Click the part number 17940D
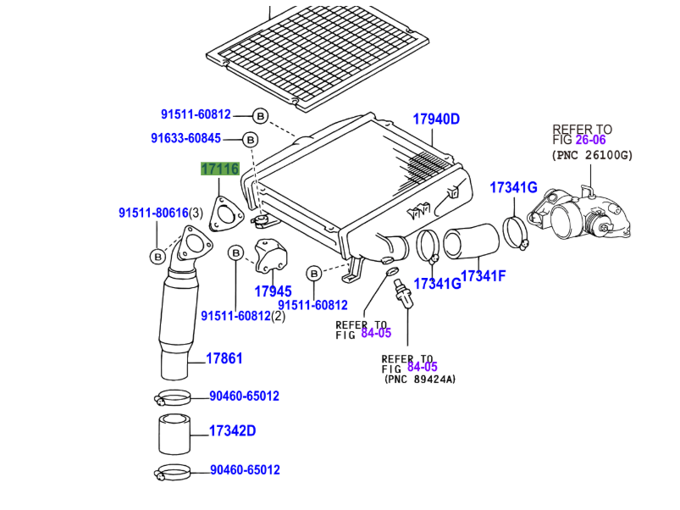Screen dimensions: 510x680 point(436,119)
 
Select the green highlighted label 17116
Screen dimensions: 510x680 point(219,169)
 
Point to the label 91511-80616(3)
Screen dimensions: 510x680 point(160,213)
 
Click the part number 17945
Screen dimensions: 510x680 point(273,291)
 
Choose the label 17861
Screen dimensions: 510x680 point(224,358)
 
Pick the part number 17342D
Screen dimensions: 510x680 point(232,431)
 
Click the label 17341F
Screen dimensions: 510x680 point(483,276)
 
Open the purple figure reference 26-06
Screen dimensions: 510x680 point(591,140)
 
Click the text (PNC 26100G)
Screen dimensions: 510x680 point(592,155)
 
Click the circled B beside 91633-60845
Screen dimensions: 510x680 point(250,139)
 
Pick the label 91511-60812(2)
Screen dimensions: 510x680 point(243,316)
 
